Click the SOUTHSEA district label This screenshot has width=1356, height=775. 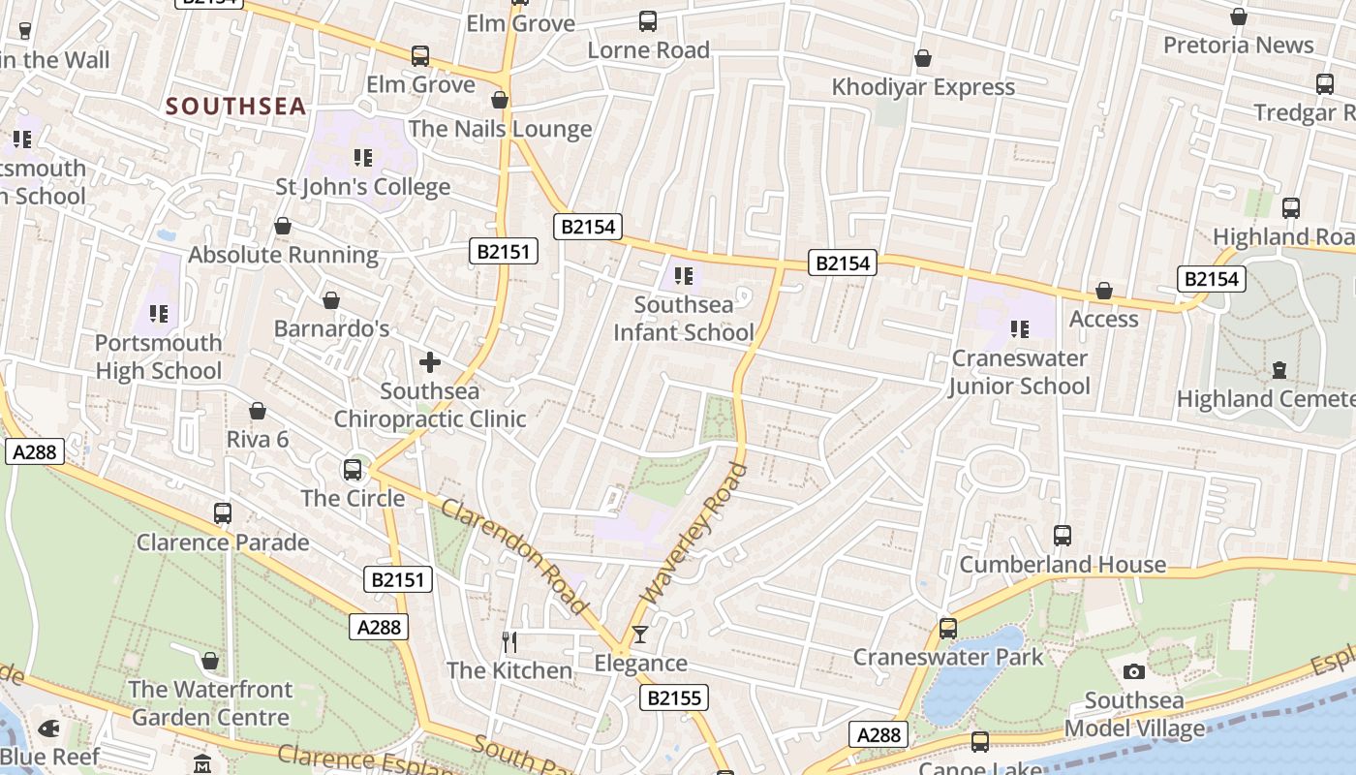click(x=235, y=106)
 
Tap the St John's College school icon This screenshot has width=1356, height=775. click(x=363, y=157)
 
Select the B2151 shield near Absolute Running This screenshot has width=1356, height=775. click(x=504, y=252)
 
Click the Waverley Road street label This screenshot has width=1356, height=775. click(x=696, y=534)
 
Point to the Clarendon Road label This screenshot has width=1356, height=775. click(x=514, y=556)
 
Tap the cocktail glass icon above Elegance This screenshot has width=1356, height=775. click(x=639, y=635)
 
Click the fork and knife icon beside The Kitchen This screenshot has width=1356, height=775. click(x=509, y=641)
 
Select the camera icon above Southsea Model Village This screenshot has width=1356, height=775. click(x=1134, y=671)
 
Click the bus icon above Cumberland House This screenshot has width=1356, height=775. click(x=1063, y=535)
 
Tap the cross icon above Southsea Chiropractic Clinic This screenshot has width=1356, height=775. click(x=430, y=363)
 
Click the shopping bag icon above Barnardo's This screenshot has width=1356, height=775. click(x=331, y=300)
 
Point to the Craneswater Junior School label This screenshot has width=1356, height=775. click(x=1019, y=372)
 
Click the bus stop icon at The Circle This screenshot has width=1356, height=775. click(x=353, y=470)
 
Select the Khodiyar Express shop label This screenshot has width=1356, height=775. click(x=923, y=87)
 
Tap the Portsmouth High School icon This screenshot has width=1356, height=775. click(x=159, y=314)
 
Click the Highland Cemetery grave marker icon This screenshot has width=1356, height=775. click(x=1279, y=370)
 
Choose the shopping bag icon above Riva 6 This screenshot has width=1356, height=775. click(x=258, y=412)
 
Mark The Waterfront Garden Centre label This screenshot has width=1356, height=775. click(x=210, y=703)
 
